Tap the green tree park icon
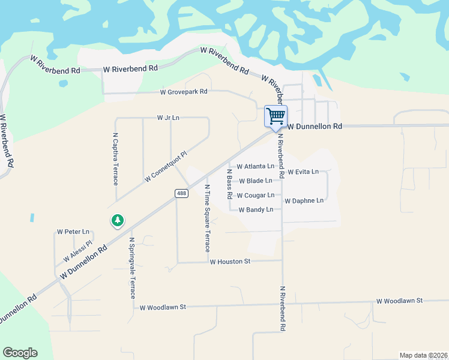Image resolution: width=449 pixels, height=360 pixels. [x=118, y=221]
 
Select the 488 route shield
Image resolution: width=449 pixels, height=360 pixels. [x=182, y=193]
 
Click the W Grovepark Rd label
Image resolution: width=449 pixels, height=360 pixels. [x=183, y=92]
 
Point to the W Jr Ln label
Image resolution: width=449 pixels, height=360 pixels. [x=168, y=118]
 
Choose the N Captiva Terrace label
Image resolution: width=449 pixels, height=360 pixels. [x=115, y=158]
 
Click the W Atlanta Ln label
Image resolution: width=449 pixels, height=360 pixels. [x=255, y=166]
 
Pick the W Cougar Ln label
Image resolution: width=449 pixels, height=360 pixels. [x=255, y=195]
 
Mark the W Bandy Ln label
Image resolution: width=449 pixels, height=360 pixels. [x=256, y=209]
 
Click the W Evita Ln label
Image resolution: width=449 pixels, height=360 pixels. [x=303, y=172]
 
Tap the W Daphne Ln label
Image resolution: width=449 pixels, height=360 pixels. [x=304, y=200]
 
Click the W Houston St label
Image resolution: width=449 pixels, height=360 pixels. [x=229, y=262]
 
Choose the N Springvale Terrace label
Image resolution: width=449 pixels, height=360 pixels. [x=133, y=267]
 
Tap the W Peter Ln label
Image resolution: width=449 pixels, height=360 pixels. [x=73, y=232]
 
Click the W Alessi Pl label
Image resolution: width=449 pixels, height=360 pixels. [x=77, y=252]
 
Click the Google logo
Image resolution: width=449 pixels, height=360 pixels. [x=20, y=353]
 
